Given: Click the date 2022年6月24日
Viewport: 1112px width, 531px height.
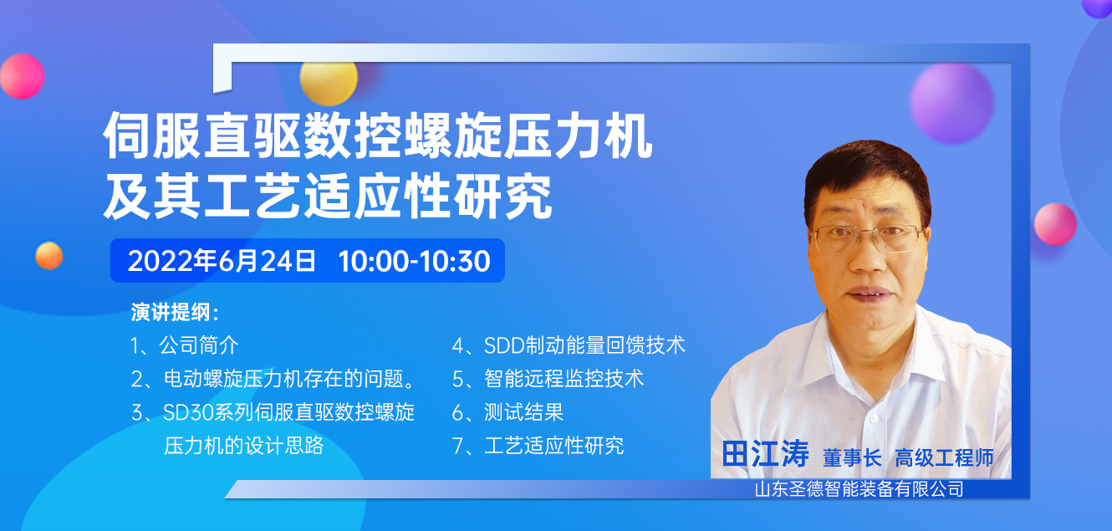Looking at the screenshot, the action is click(x=222, y=261).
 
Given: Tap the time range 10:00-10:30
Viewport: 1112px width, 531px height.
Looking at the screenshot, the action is click(x=414, y=261).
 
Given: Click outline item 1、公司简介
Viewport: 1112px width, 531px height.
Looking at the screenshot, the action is click(x=184, y=345).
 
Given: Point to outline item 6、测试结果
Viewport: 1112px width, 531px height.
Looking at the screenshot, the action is click(x=508, y=412).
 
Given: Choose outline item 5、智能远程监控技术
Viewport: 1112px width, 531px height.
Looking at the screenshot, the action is click(x=548, y=379).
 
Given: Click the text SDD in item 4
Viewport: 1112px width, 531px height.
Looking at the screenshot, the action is click(x=504, y=345).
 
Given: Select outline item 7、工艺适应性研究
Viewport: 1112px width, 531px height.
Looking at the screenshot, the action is click(x=538, y=446).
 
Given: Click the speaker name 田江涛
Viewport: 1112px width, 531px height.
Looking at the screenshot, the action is click(x=765, y=453).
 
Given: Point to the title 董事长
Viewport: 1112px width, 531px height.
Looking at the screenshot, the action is click(x=852, y=457).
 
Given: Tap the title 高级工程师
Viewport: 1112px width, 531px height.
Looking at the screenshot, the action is click(x=944, y=457).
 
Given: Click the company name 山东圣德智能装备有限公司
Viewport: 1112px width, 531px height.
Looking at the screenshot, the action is click(x=859, y=489).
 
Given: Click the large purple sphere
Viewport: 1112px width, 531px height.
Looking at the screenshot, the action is click(x=951, y=104).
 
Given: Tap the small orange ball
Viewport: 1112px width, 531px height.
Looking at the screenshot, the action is click(x=49, y=256).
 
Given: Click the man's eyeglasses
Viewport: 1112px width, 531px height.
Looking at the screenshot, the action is click(x=867, y=238).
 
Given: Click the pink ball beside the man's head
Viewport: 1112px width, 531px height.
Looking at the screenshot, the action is click(x=1055, y=224).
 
